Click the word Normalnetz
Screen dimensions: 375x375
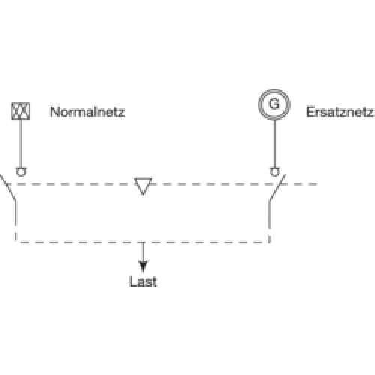pos(87,112)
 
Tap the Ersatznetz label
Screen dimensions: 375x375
pos(340,112)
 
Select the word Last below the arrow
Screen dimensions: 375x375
pos(143,281)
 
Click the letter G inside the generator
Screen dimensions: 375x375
pos(274,103)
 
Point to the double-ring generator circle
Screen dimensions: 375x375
pos(274,89)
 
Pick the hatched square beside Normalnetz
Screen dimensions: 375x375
pos(20,111)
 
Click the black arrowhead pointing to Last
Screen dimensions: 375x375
pos(142,266)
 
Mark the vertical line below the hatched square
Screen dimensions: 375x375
pos(21,143)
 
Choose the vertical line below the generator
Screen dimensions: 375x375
pos(275,144)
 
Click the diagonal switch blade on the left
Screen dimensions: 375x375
pos(8,187)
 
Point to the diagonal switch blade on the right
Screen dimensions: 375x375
pos(277,187)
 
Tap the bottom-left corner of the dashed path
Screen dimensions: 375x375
pos(16,241)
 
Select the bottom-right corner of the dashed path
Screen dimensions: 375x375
pos(270,241)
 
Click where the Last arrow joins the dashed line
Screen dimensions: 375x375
pos(142,242)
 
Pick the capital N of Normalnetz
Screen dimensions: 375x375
pos(55,112)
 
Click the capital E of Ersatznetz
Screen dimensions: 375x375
pos(310,112)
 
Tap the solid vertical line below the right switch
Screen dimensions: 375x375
pos(270,214)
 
